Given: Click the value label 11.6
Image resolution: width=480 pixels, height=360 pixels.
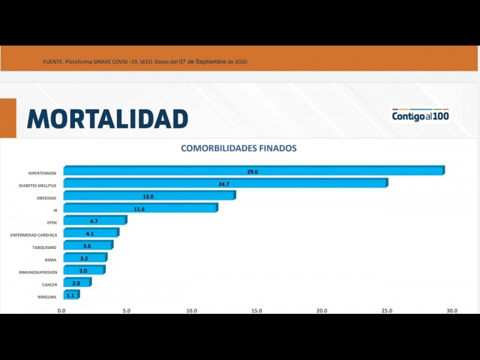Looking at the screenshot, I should [x=139, y=209].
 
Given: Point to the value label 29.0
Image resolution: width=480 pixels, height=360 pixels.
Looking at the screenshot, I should [x=252, y=172].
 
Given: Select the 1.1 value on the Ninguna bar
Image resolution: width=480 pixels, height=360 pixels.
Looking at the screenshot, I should [x=70, y=295].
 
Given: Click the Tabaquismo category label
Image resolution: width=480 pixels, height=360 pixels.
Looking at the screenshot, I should [x=44, y=247].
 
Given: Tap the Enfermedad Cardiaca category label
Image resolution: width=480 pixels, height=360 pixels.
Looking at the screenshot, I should [x=34, y=235].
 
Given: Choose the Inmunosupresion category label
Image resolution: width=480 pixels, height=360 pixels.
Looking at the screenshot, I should [x=37, y=272].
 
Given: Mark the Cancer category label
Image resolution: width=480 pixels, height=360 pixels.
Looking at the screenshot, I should [x=49, y=284].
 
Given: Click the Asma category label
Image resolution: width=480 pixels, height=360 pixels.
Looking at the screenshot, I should [x=50, y=260].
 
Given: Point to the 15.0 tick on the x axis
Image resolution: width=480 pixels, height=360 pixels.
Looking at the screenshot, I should [x=256, y=311].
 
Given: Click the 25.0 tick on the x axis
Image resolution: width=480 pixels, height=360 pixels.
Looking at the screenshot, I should [x=387, y=311].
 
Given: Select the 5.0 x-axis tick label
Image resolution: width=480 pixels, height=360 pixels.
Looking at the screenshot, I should [x=126, y=311].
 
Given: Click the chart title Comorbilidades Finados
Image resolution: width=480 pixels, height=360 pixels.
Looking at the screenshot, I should [x=239, y=148].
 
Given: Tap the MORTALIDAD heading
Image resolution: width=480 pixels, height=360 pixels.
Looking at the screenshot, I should [x=107, y=119].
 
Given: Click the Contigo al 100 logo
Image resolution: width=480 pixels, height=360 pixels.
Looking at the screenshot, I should [x=420, y=115].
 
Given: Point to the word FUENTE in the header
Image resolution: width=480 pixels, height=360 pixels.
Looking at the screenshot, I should [x=53, y=62].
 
